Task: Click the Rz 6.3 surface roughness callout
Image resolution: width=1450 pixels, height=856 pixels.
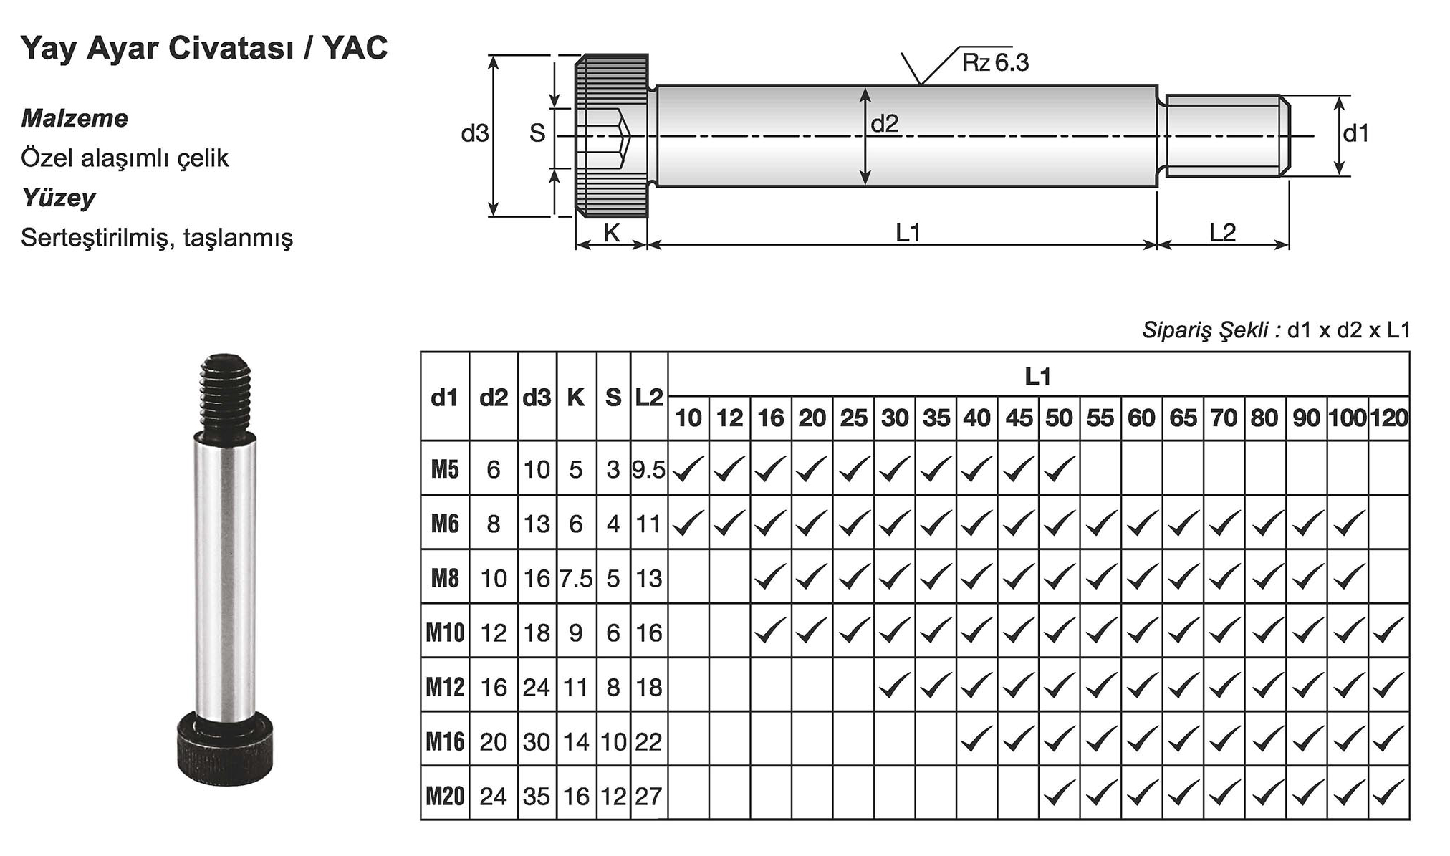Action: (x=994, y=63)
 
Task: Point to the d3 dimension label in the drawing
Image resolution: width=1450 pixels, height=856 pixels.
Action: (x=474, y=133)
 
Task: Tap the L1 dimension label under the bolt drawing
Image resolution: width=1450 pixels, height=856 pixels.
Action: (x=908, y=232)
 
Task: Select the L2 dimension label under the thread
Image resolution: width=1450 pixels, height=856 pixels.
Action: (x=1222, y=232)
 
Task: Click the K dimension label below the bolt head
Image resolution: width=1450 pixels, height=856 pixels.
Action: (x=611, y=232)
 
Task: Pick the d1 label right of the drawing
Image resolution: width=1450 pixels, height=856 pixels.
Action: (x=1355, y=133)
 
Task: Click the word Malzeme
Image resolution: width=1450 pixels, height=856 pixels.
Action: (x=75, y=118)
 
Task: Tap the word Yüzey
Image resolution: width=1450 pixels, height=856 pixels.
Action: (x=58, y=198)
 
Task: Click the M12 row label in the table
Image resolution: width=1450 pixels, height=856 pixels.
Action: (x=445, y=687)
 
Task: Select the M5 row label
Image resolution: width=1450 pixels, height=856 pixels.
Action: (x=445, y=469)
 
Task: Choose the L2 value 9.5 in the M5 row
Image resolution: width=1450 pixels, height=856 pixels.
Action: (x=648, y=470)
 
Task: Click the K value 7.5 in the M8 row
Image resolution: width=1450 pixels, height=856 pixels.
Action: (x=576, y=579)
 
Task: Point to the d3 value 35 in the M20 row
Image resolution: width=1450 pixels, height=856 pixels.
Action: (x=537, y=796)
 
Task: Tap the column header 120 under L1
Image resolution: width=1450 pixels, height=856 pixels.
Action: (x=1389, y=418)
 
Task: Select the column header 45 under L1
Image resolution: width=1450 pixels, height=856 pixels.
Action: (x=1019, y=418)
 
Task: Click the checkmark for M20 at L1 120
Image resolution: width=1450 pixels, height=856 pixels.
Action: (x=1388, y=794)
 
